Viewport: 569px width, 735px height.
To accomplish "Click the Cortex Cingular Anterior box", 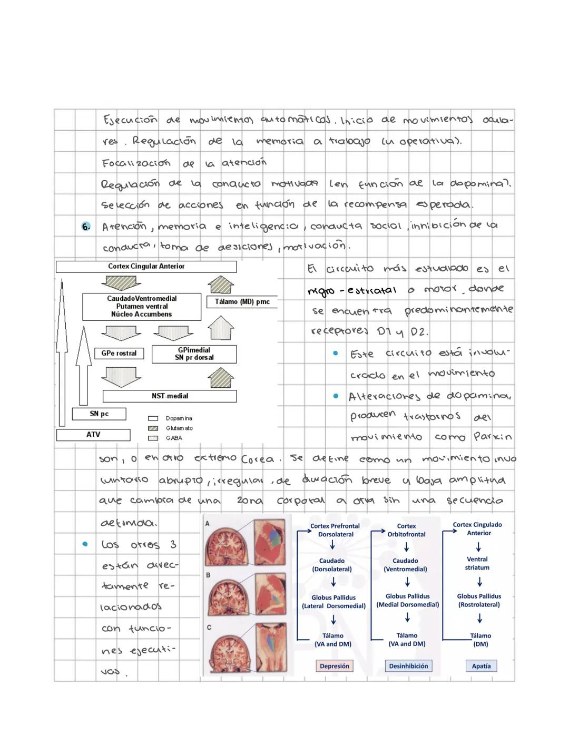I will [x=146, y=267].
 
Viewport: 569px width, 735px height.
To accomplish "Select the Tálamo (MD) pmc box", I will [x=242, y=302].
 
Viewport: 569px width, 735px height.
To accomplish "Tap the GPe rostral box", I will [x=119, y=354].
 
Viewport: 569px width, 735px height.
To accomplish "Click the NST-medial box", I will [x=170, y=396].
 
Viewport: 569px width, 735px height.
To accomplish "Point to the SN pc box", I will [x=99, y=414].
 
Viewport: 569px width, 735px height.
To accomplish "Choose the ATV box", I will [x=93, y=435].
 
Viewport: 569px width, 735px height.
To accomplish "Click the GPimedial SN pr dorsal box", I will [x=194, y=354].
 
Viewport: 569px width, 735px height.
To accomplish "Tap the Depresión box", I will [x=335, y=666].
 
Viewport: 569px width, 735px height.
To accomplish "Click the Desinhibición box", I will [x=408, y=666].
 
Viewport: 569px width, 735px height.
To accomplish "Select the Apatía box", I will [x=481, y=666].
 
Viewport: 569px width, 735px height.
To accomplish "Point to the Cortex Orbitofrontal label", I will [x=406, y=530].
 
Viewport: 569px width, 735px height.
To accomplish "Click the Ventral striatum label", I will [x=477, y=563].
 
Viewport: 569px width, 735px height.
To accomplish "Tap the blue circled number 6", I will [x=86, y=227].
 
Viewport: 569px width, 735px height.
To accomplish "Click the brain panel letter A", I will [x=208, y=523].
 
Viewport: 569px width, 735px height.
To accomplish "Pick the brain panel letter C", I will [x=209, y=628].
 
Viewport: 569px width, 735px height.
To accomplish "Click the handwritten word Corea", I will [x=257, y=459].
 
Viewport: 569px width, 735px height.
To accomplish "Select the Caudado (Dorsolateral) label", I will [x=332, y=565].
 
